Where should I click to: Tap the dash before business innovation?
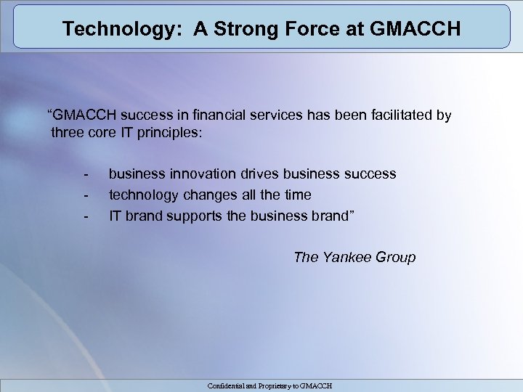[x=86, y=175]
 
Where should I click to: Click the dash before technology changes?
[x=86, y=196]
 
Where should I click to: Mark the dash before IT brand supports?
[x=86, y=216]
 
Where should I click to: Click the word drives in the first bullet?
[x=259, y=174]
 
